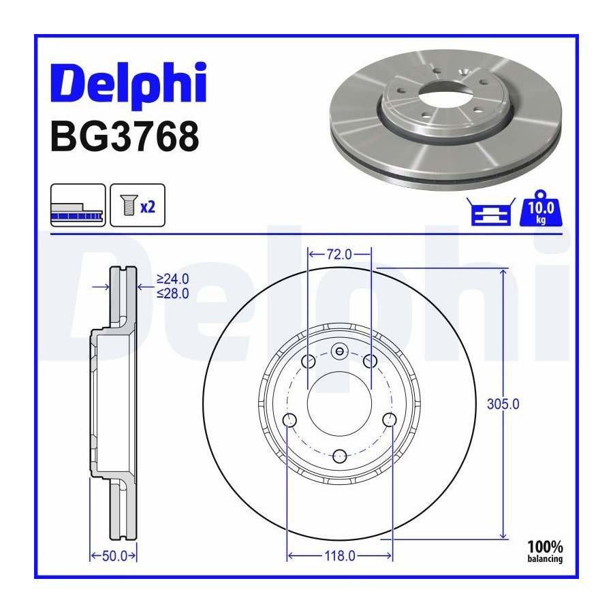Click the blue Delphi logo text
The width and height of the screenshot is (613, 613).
coord(128,85)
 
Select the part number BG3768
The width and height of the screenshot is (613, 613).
coord(125,136)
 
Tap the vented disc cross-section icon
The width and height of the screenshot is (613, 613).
coord(78,205)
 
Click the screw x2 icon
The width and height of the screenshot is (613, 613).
coord(138,205)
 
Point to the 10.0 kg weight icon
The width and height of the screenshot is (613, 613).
coord(540,209)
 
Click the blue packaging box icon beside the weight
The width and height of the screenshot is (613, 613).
coord(491,212)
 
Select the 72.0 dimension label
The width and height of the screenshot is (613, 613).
coord(339,255)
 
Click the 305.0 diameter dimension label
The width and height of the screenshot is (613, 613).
coord(503,404)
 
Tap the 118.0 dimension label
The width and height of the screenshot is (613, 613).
coord(340,556)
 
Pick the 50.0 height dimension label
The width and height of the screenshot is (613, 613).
coord(114,556)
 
